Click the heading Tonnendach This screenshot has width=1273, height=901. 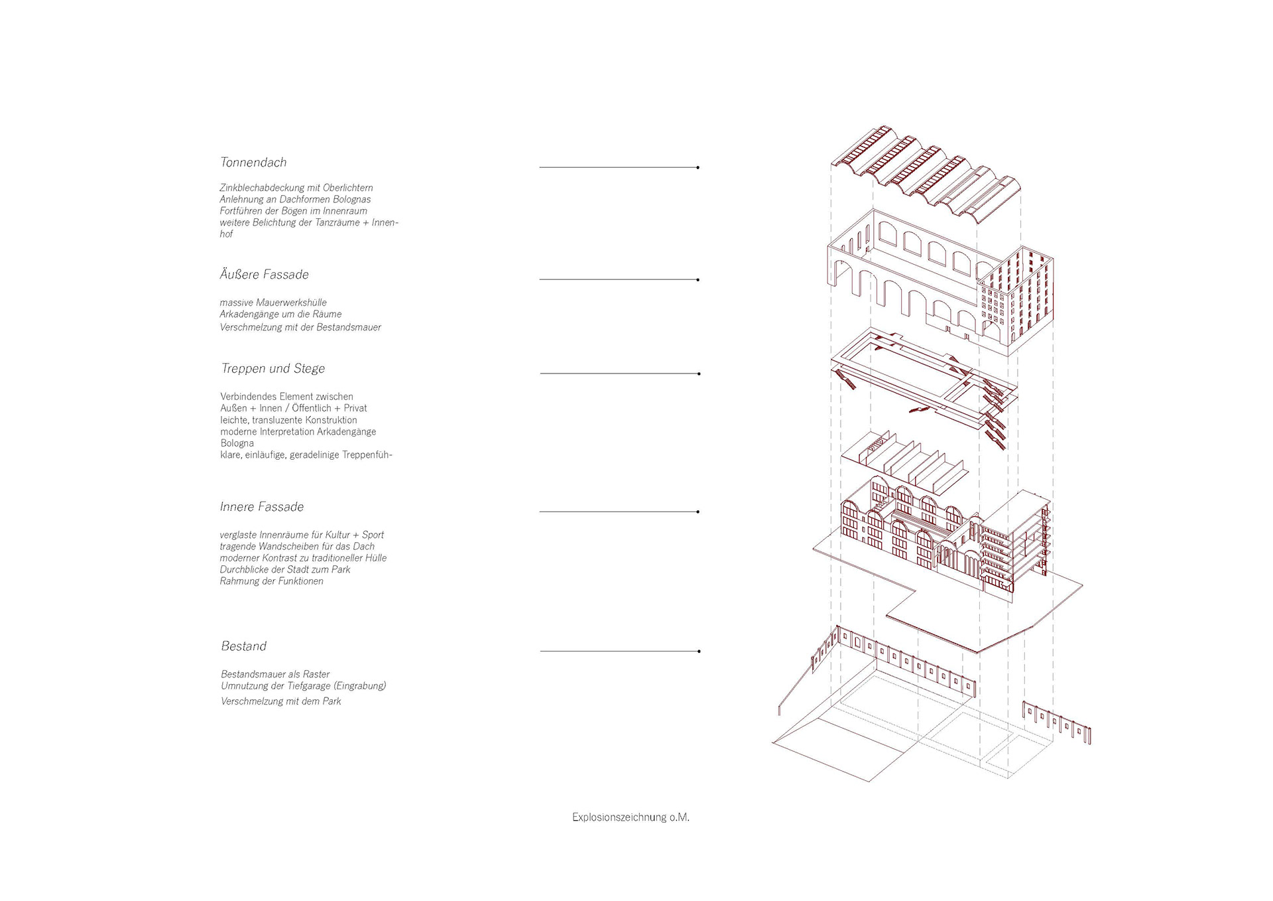click(253, 163)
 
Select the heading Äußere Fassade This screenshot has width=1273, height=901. click(264, 275)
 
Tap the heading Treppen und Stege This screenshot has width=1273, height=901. click(273, 369)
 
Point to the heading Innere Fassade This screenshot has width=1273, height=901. click(261, 507)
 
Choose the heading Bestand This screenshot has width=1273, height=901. click(243, 646)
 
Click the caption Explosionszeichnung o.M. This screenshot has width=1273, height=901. click(631, 817)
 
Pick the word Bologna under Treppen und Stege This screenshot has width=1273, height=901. click(237, 443)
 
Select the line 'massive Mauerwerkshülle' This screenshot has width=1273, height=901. click(273, 303)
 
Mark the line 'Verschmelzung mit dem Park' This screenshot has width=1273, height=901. click(280, 701)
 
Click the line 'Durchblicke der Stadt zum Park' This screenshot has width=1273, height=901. click(284, 570)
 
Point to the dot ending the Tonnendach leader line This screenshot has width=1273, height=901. click(698, 168)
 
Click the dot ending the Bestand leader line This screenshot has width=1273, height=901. click(699, 652)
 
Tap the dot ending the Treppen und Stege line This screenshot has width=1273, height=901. click(699, 374)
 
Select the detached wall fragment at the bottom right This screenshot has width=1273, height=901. click(1057, 721)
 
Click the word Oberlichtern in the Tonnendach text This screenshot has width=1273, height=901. click(347, 188)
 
